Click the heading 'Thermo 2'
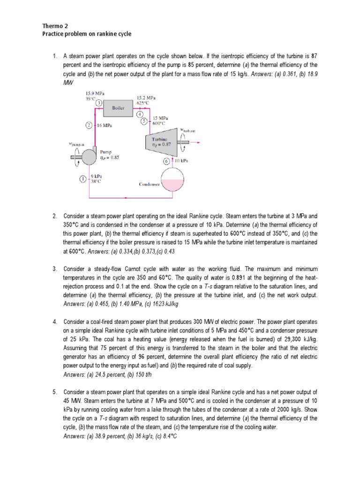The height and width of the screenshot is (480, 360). coord(53,26)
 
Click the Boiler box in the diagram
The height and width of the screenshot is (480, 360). coord(118,108)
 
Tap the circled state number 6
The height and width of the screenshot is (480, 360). coord(167,161)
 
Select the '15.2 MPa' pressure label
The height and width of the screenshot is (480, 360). coord(146,97)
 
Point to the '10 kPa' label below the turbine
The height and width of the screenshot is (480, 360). coord(182,161)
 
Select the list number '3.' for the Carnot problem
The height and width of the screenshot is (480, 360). coord(55,269)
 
